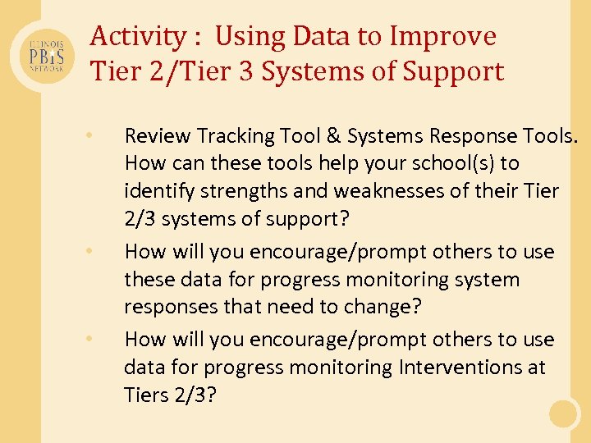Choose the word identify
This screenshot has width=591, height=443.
click(153, 190)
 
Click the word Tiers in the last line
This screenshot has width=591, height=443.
click(144, 395)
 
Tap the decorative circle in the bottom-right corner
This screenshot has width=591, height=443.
click(564, 413)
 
